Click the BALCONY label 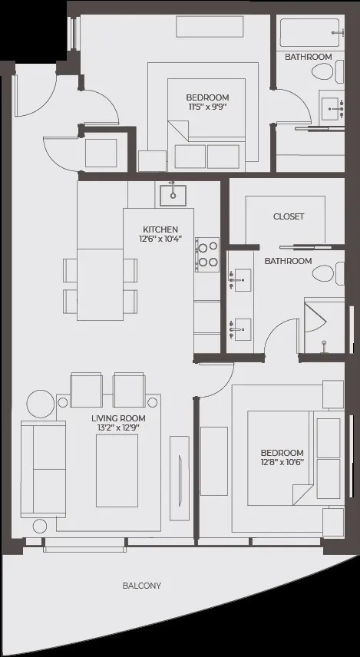[142, 586]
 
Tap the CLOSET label [289, 216]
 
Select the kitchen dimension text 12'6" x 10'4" [160, 239]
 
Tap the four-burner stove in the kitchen [207, 255]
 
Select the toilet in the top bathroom [327, 71]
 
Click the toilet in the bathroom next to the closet [328, 273]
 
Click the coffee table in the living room [117, 470]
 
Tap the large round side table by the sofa [41, 404]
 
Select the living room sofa [43, 469]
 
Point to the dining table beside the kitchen [100, 285]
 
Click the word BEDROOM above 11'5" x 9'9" [207, 97]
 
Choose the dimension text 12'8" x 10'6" [282, 463]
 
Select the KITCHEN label [160, 229]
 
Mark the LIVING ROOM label [119, 418]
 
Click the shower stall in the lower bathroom [325, 325]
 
